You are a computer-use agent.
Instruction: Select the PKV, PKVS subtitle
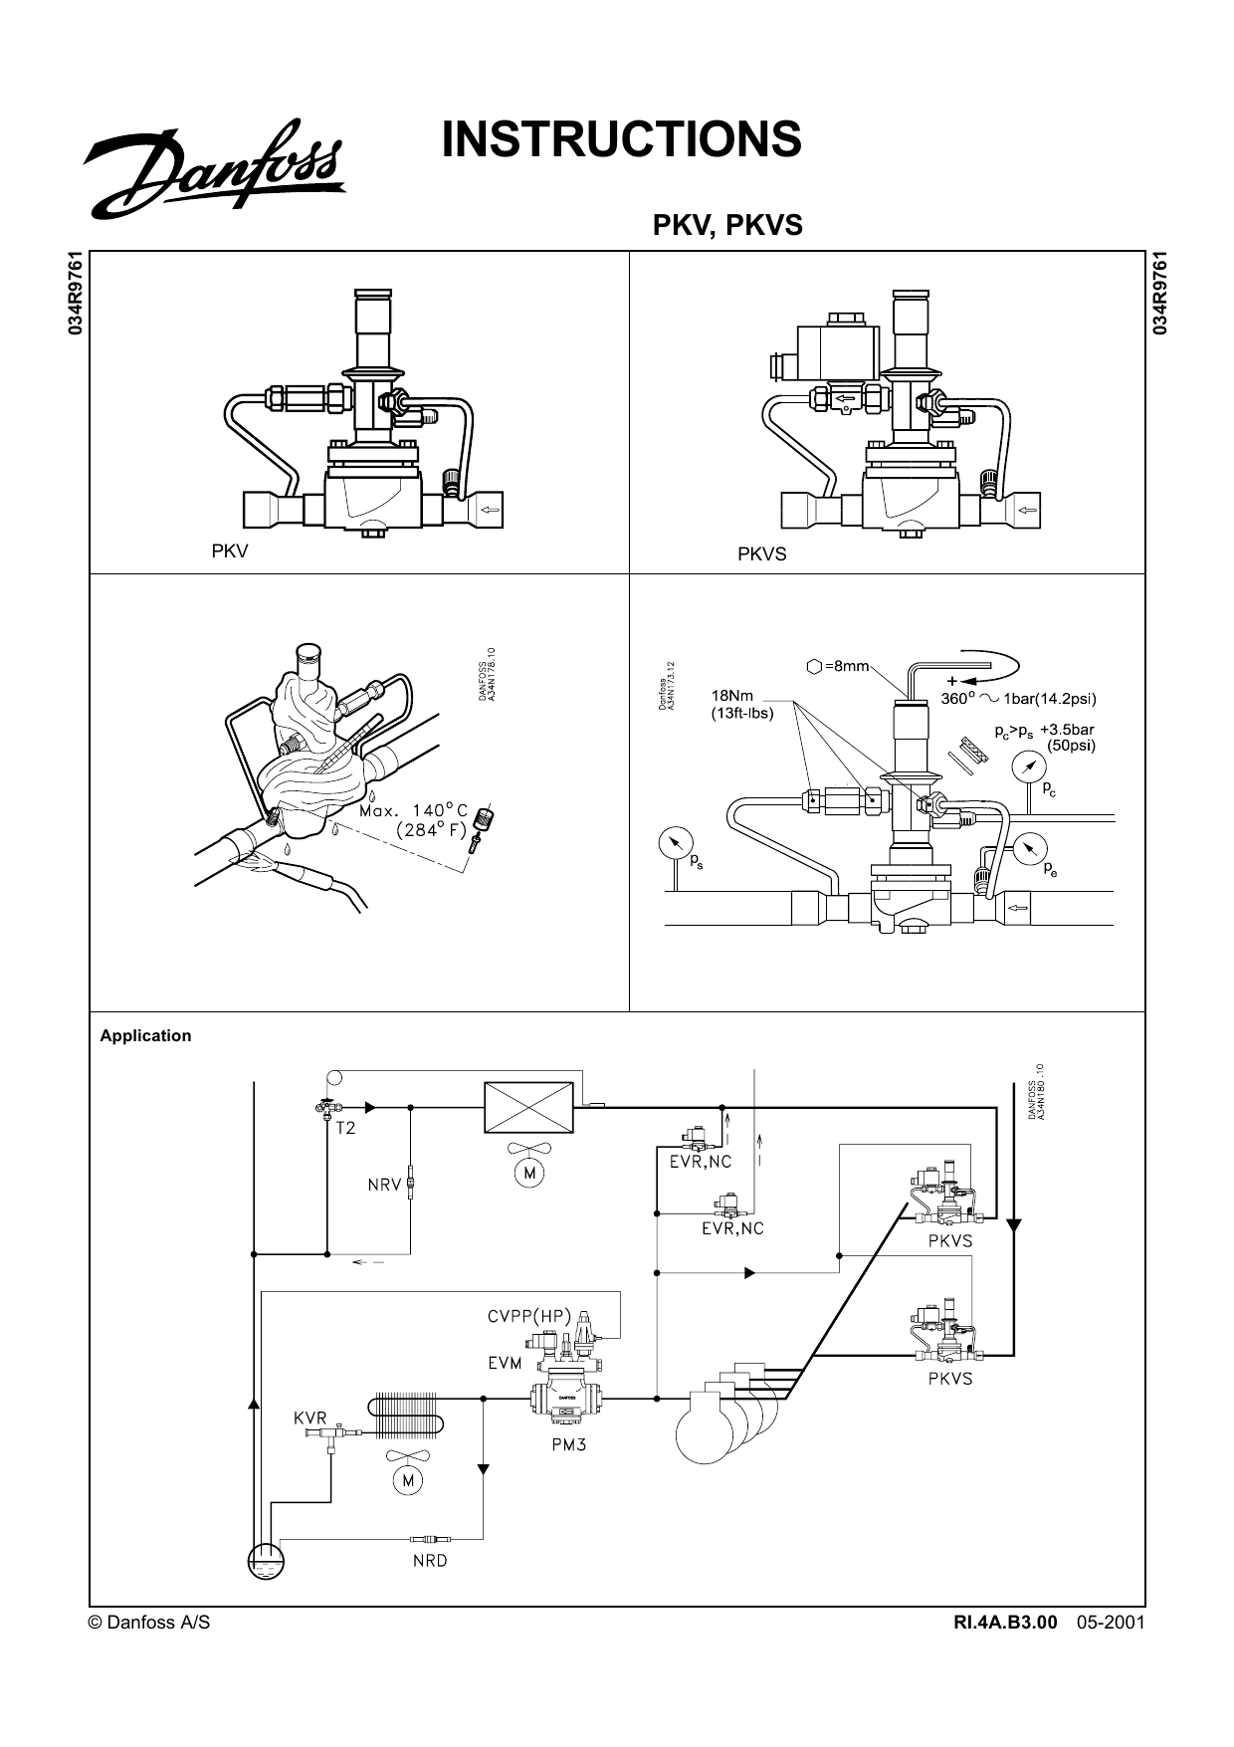point(726,225)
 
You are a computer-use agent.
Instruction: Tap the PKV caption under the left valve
point(229,550)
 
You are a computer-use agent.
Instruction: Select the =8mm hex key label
point(836,666)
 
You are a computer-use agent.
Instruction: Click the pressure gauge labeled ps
point(674,844)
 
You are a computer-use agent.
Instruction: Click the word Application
point(145,1035)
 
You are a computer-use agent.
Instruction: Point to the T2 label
point(344,1129)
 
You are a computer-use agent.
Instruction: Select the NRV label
point(383,1186)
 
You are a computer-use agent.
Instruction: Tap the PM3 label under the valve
point(569,1445)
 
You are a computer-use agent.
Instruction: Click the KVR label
point(309,1417)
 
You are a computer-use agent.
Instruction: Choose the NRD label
point(430,1560)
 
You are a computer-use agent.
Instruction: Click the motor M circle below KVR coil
point(407,1481)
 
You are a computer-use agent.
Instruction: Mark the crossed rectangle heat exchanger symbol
point(528,1107)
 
